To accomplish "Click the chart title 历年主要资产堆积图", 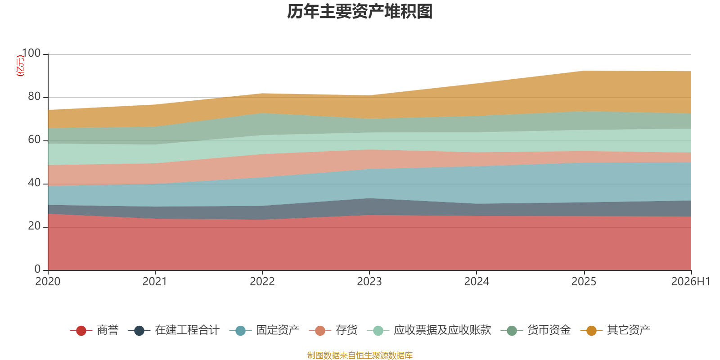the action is click(360, 12).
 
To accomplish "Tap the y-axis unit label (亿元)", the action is click(20, 66).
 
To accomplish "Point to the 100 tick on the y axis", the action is click(31, 53).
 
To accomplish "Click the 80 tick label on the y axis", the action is click(34, 96).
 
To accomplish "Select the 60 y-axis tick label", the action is click(34, 139).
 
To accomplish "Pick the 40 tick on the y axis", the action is click(34, 183).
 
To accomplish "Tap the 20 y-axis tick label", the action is click(34, 226).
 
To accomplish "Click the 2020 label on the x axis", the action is click(48, 282).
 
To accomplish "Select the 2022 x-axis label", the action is click(262, 282).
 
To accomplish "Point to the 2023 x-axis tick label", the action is click(369, 282).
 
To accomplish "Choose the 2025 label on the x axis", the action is click(584, 282).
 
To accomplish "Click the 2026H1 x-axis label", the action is click(691, 282).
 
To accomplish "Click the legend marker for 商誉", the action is click(81, 330).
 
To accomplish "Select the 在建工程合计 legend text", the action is click(187, 330).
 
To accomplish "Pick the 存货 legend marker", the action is click(320, 330).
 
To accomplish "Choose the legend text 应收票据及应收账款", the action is click(442, 330).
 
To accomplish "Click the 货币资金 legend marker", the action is click(512, 330).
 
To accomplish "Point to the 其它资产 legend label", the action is click(628, 330).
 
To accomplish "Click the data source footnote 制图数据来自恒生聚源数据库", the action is click(360, 355).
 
